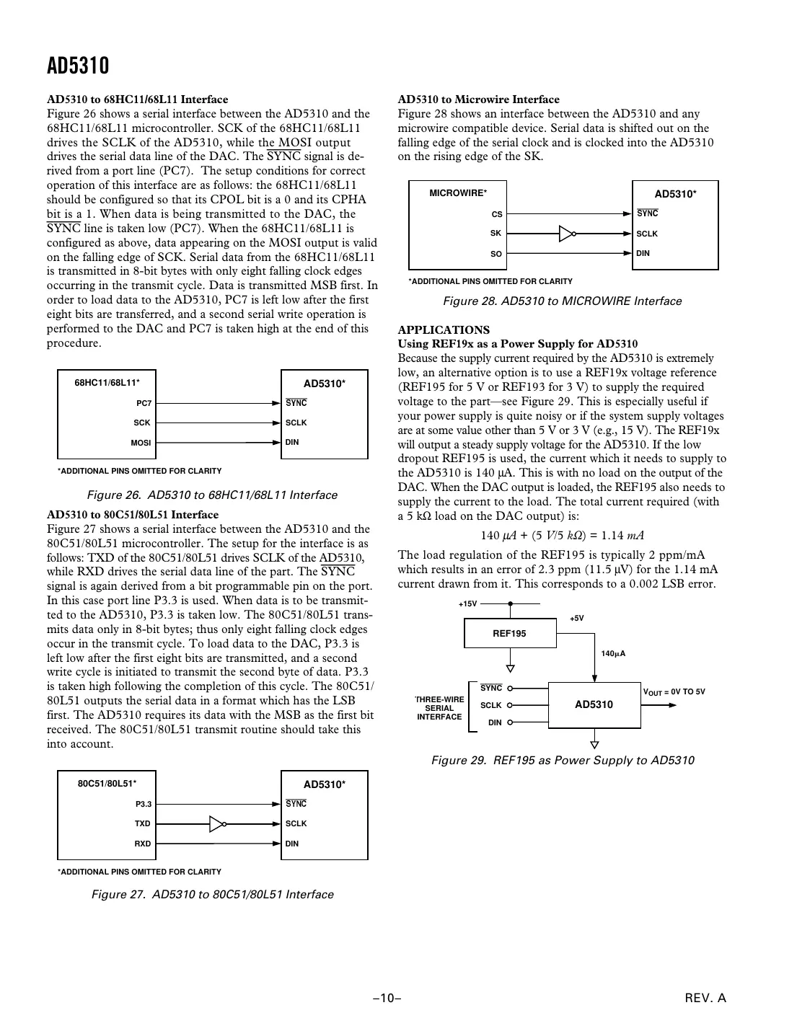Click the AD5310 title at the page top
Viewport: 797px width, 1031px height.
(x=78, y=66)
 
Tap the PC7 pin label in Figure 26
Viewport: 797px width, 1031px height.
(x=144, y=404)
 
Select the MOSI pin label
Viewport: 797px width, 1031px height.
(x=141, y=443)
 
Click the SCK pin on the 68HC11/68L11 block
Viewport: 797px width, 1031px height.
(x=142, y=423)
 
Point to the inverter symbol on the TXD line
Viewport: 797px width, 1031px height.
(x=219, y=823)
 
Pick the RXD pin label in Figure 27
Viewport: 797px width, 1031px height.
(x=142, y=844)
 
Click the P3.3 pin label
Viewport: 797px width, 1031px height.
(x=144, y=804)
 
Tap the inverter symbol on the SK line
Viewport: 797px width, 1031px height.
(x=568, y=234)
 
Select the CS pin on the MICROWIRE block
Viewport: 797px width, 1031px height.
(x=496, y=214)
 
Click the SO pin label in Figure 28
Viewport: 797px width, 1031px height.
(x=496, y=254)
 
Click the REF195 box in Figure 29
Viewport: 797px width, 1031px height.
(x=509, y=634)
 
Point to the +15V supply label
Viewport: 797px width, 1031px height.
(x=467, y=604)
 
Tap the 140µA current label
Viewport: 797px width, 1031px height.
(x=613, y=654)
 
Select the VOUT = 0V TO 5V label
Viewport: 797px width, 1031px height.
(x=674, y=692)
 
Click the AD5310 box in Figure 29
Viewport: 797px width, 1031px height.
(x=594, y=704)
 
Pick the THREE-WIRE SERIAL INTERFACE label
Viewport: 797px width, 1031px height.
(x=439, y=708)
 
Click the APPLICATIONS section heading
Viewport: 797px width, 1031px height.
(x=444, y=330)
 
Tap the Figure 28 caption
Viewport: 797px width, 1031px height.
(x=562, y=301)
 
